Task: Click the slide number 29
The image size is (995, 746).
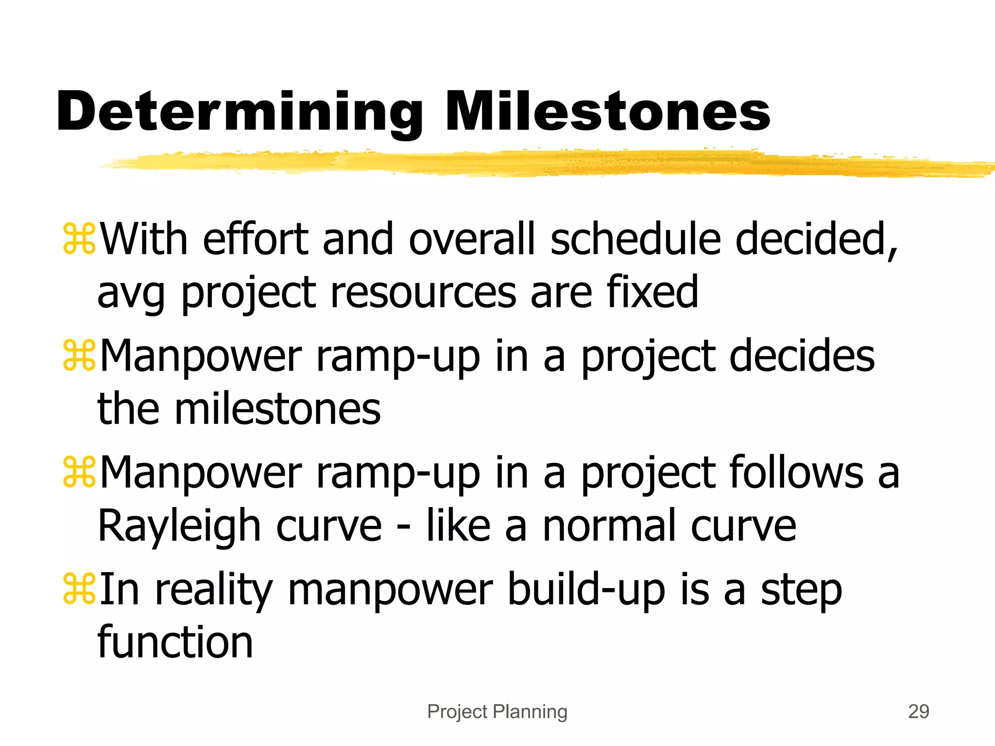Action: [x=918, y=712]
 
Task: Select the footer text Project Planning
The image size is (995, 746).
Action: [x=497, y=712]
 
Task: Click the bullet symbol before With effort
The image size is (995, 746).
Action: [x=79, y=239]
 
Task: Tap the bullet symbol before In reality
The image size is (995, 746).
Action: [x=79, y=589]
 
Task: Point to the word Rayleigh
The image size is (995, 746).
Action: [x=180, y=527]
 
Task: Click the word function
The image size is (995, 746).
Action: [x=175, y=642]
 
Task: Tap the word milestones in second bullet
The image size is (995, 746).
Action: [x=277, y=409]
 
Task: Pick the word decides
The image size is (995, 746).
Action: [x=802, y=356]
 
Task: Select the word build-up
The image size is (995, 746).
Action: [x=586, y=590]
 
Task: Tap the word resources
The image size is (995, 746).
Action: [x=423, y=292]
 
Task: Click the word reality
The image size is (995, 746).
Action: [x=214, y=590]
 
